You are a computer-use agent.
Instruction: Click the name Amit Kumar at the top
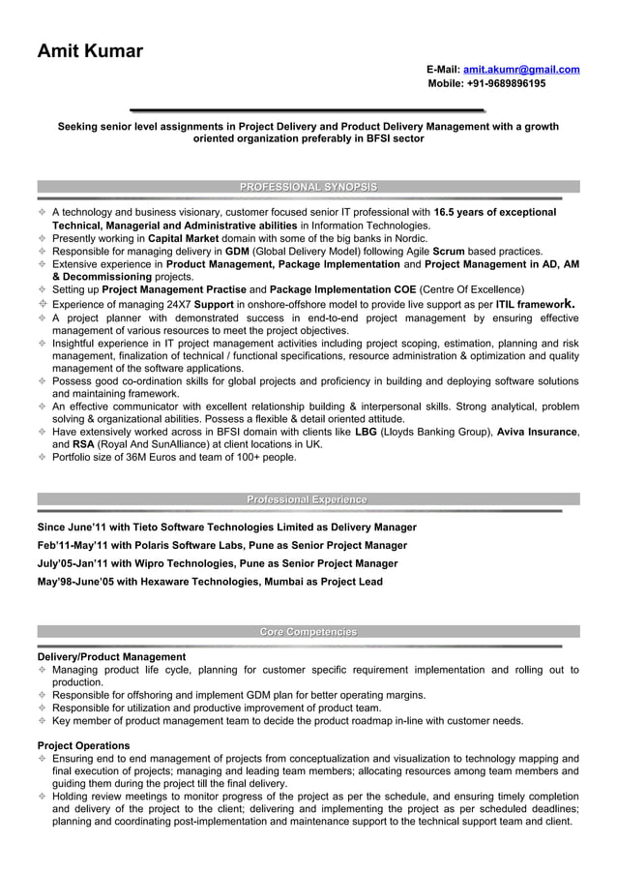click(90, 51)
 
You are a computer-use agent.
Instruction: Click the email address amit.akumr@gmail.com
click(521, 70)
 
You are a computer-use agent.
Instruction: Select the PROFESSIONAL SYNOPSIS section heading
click(308, 187)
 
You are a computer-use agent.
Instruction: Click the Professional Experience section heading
click(308, 499)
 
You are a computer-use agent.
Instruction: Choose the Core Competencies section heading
click(308, 632)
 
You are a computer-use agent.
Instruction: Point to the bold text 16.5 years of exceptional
click(494, 212)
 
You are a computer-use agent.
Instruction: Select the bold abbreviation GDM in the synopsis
click(237, 251)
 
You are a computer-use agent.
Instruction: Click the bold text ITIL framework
click(535, 304)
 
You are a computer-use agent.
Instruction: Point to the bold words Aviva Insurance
click(537, 432)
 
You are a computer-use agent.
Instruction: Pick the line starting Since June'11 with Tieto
click(226, 527)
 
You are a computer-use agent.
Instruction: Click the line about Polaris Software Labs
click(221, 546)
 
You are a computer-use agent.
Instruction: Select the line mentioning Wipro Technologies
click(217, 563)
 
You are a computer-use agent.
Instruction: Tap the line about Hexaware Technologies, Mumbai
click(210, 582)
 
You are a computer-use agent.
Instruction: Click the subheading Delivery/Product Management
click(111, 657)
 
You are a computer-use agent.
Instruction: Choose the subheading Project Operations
click(83, 745)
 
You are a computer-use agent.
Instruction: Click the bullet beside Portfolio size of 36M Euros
click(43, 458)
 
